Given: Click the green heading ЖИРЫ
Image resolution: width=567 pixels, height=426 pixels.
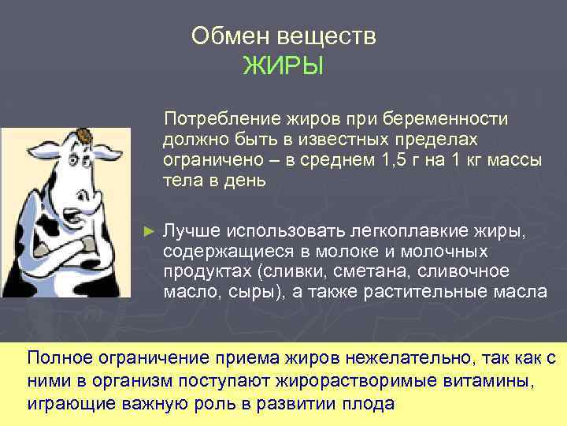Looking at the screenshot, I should pyautogui.click(x=283, y=65).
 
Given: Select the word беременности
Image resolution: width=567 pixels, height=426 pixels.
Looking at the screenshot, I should pyautogui.click(x=453, y=119).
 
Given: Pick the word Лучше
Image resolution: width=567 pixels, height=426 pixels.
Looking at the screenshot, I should pyautogui.click(x=190, y=230).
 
